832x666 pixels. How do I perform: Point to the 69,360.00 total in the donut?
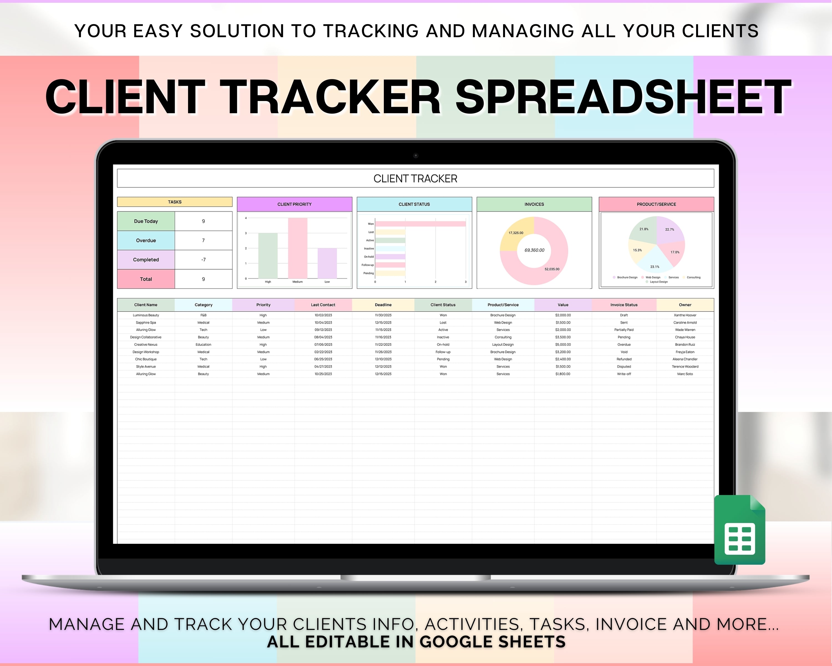pyautogui.click(x=534, y=250)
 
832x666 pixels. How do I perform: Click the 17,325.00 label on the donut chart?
pyautogui.click(x=516, y=233)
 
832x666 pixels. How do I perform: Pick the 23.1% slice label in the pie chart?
pyautogui.click(x=655, y=267)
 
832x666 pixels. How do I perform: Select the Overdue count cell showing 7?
pyautogui.click(x=203, y=241)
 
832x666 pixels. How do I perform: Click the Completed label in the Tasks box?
pyautogui.click(x=146, y=260)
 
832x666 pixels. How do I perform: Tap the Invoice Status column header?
pyautogui.click(x=624, y=305)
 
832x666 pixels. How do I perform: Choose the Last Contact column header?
pyautogui.click(x=323, y=305)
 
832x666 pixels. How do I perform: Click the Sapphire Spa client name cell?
pyautogui.click(x=146, y=322)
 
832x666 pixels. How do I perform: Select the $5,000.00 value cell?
pyautogui.click(x=563, y=344)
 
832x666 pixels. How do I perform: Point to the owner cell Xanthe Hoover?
pyautogui.click(x=685, y=315)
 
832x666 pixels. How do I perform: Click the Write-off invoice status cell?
pyautogui.click(x=624, y=374)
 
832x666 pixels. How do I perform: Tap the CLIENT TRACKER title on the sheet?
pyautogui.click(x=415, y=179)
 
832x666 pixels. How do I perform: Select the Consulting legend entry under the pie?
pyautogui.click(x=693, y=277)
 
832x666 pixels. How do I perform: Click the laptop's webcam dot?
pyautogui.click(x=416, y=156)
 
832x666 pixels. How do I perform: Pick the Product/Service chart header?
pyautogui.click(x=656, y=204)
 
